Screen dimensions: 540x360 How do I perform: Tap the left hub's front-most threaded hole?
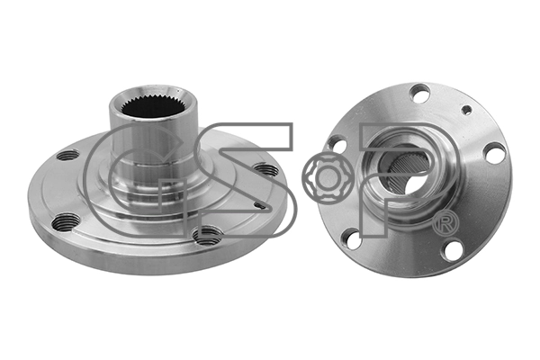(x=207, y=235)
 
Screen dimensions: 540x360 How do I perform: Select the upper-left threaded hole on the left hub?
(x=67, y=156)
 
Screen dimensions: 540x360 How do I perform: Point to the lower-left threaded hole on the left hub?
(x=66, y=222)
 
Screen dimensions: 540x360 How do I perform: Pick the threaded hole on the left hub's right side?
(x=265, y=169)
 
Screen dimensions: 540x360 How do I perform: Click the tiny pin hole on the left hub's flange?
(x=260, y=206)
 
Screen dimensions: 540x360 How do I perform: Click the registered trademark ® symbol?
(x=445, y=223)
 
